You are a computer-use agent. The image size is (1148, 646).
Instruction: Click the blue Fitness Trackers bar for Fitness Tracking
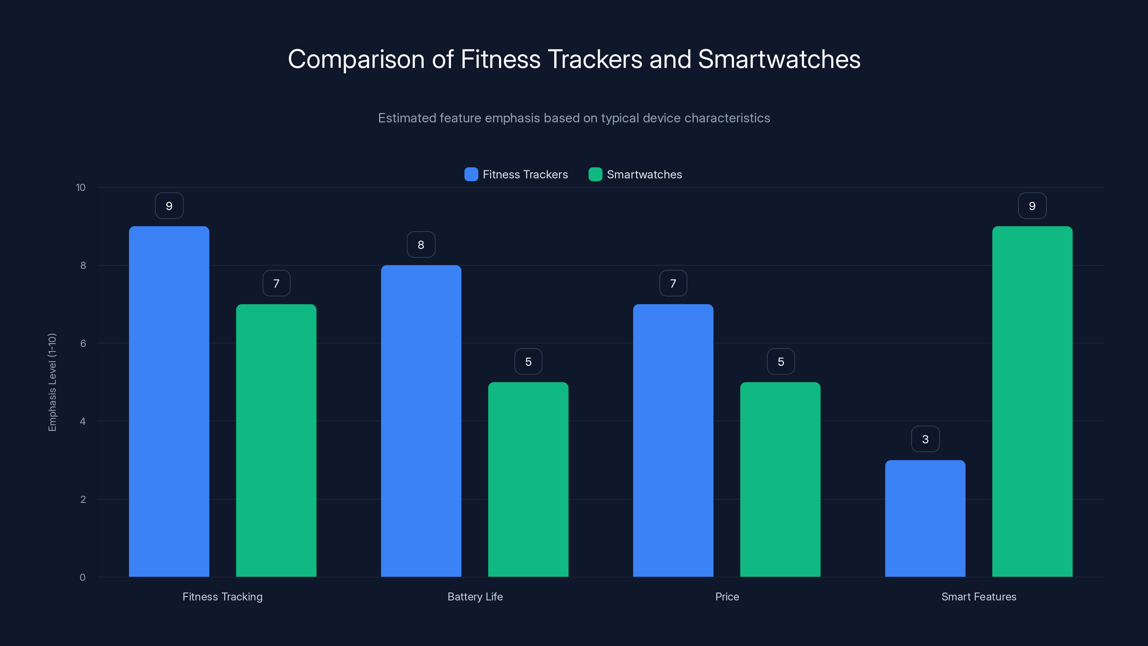point(169,401)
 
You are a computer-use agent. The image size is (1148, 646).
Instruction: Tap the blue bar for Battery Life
point(421,421)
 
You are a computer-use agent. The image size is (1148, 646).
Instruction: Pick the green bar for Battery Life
point(528,479)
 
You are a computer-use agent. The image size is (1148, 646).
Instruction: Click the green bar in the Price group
point(780,479)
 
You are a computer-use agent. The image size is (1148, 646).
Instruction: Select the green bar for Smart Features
point(1032,401)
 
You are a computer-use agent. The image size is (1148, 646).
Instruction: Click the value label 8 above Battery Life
point(421,244)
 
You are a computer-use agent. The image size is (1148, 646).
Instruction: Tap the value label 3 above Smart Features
point(925,439)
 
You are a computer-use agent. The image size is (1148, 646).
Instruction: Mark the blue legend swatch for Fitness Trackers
point(471,174)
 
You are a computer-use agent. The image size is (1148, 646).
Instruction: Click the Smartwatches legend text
point(644,174)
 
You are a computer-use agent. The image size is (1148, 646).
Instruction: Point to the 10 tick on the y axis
point(81,188)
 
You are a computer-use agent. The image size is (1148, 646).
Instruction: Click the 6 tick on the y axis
point(83,343)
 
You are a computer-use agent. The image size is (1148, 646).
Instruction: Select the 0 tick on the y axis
point(83,577)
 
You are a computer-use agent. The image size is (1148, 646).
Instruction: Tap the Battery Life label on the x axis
point(475,596)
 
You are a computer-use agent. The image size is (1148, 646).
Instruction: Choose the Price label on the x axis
point(727,596)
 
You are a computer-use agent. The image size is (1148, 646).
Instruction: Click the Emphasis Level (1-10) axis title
point(52,382)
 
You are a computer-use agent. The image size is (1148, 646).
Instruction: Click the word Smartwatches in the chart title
point(779,59)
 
